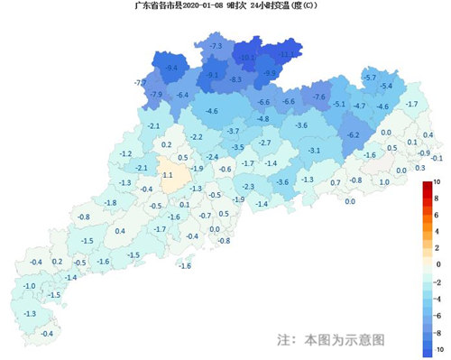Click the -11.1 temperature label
(x=289, y=55)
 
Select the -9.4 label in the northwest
(x=170, y=68)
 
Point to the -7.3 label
(x=216, y=45)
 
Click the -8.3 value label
(x=235, y=80)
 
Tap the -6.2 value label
(x=354, y=134)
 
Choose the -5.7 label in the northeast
(x=369, y=78)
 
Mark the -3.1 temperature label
(x=315, y=150)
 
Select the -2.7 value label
(x=265, y=143)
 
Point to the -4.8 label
(x=262, y=119)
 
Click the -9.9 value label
(x=269, y=73)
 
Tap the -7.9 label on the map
(x=156, y=95)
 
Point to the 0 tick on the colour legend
(x=438, y=264)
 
